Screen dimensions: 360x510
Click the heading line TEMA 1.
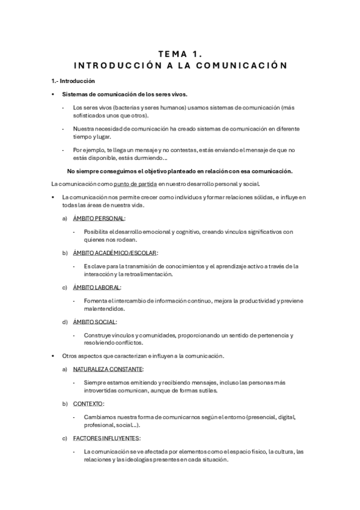click(180, 53)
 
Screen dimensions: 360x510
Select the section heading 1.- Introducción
click(73, 81)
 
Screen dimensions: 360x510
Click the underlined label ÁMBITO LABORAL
click(97, 287)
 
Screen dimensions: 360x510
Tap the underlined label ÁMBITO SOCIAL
click(94, 322)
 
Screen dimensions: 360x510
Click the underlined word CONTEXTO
click(88, 403)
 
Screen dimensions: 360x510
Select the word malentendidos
click(108, 309)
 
